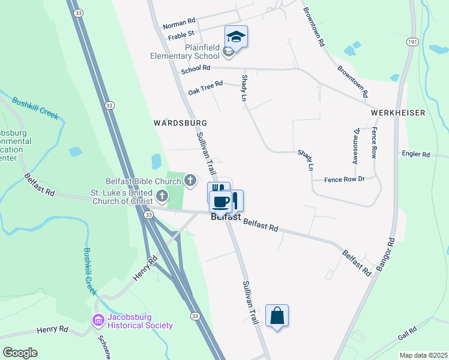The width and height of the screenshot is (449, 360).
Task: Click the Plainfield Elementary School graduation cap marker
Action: pyautogui.click(x=236, y=37)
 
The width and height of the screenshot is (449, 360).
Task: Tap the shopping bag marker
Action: pyautogui.click(x=277, y=316)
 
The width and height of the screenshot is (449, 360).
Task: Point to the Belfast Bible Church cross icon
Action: pyautogui.click(x=190, y=179)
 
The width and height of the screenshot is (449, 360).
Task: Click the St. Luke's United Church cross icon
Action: pyautogui.click(x=162, y=196)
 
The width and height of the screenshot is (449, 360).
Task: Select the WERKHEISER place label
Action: pyautogui.click(x=397, y=113)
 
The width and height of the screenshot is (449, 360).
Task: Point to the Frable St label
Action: pyautogui.click(x=181, y=36)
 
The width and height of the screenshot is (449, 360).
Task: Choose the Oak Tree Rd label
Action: pyautogui.click(x=205, y=88)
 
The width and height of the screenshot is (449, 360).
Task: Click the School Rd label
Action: pyautogui.click(x=195, y=70)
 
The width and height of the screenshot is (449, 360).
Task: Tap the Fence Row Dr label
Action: pyautogui.click(x=345, y=179)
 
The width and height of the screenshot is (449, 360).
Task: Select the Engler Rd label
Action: pyautogui.click(x=417, y=154)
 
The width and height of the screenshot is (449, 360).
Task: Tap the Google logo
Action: pyautogui.click(x=20, y=353)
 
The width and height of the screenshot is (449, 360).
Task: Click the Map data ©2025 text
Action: pyautogui.click(x=423, y=355)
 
